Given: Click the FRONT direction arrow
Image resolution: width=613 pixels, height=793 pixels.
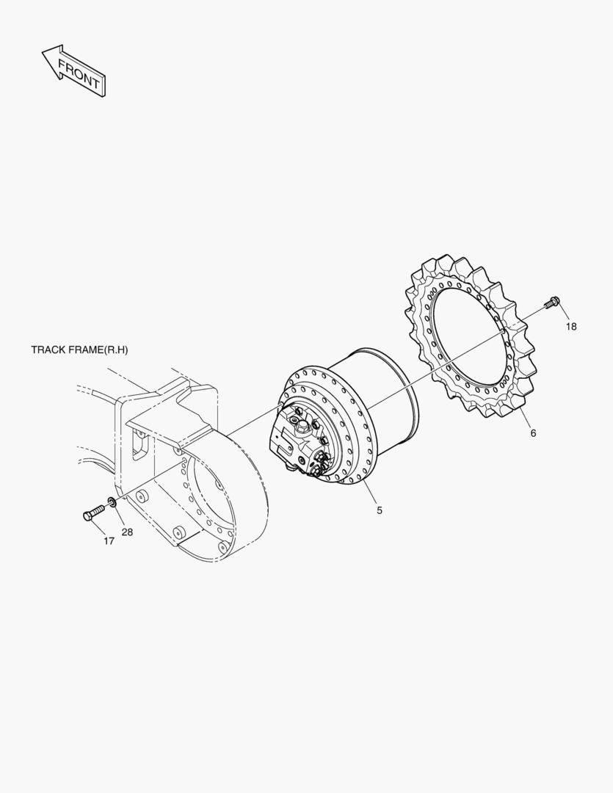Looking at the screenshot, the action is point(73,70).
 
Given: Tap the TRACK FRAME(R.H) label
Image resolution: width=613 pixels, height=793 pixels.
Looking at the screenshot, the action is point(79,350).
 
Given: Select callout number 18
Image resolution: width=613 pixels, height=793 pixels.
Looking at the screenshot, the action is point(571,327).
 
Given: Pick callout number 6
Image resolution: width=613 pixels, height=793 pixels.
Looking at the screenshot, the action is point(533,433).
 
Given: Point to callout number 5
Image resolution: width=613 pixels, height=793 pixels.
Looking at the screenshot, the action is point(380,510).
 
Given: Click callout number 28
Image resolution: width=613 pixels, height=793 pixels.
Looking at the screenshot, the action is point(127,532).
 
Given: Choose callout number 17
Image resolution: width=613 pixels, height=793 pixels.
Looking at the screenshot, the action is point(109,541).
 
